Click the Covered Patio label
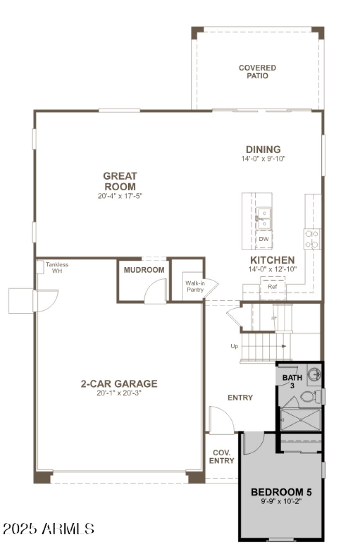click(257, 72)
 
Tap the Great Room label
click(120, 181)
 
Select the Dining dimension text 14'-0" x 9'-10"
click(263, 158)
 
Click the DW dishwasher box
click(263, 239)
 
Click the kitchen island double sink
click(263, 218)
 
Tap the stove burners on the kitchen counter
click(312, 239)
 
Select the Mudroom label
click(144, 270)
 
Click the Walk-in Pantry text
click(194, 287)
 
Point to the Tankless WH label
click(57, 268)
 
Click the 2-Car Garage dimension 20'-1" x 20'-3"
click(119, 393)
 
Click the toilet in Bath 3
click(310, 396)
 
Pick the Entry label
click(240, 397)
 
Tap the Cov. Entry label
click(221, 457)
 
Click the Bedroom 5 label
click(281, 492)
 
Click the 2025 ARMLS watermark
click(49, 528)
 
